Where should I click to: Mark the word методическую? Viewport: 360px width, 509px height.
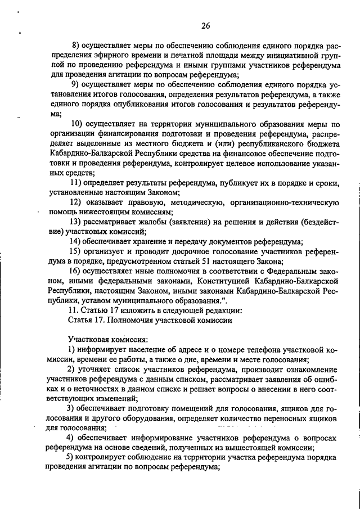(197, 202)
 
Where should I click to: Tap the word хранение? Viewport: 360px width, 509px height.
(150, 242)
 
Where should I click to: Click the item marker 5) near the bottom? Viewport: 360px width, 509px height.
(71, 458)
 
